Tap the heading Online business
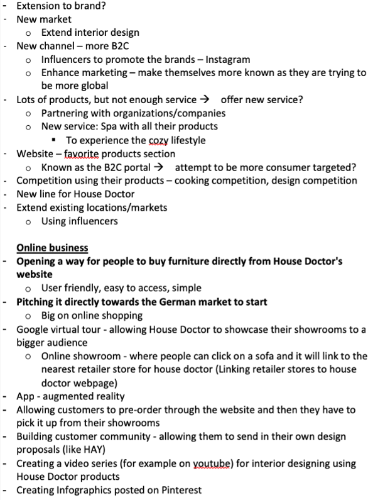coord(52,248)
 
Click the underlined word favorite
coord(86,154)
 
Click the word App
coord(26,397)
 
